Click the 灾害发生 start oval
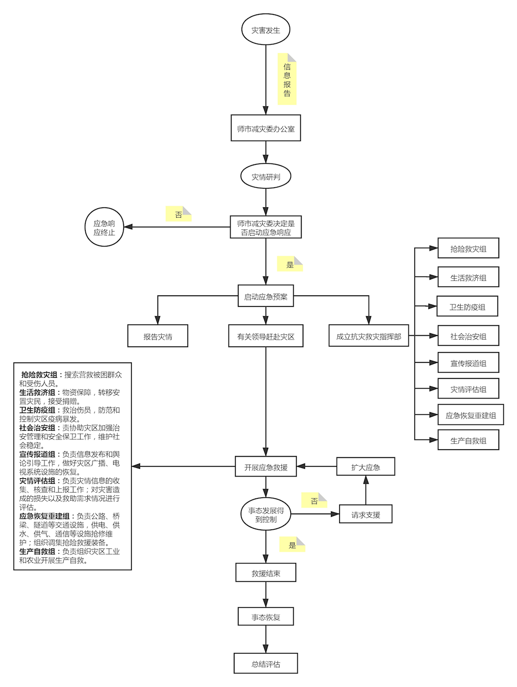(265, 29)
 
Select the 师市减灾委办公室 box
(265, 128)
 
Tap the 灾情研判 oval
(265, 176)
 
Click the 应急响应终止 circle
(104, 227)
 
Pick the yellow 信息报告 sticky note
(287, 79)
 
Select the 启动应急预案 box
(265, 296)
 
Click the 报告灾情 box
(158, 336)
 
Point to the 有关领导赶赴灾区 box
(265, 336)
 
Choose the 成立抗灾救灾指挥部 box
(369, 336)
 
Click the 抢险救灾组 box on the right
(468, 248)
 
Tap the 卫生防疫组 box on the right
(467, 307)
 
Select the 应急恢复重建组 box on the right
(470, 415)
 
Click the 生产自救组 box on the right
(468, 440)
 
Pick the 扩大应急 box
(366, 467)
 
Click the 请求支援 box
(366, 514)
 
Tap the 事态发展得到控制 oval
(265, 514)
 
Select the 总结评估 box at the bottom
(265, 664)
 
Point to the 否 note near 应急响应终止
(178, 214)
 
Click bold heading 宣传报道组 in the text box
(37, 454)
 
